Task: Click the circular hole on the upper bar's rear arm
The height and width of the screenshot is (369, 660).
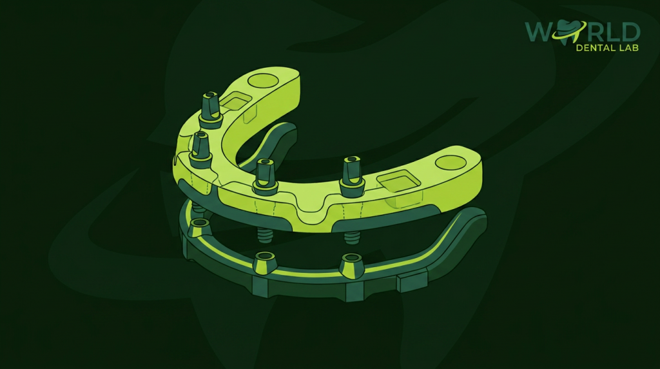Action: (x=262, y=79)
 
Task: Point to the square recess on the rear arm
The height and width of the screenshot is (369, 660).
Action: (x=235, y=101)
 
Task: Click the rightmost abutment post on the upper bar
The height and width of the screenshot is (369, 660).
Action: (x=351, y=174)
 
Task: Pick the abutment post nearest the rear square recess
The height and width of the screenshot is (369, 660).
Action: (x=210, y=110)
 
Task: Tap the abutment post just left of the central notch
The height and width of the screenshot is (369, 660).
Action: (x=265, y=177)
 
